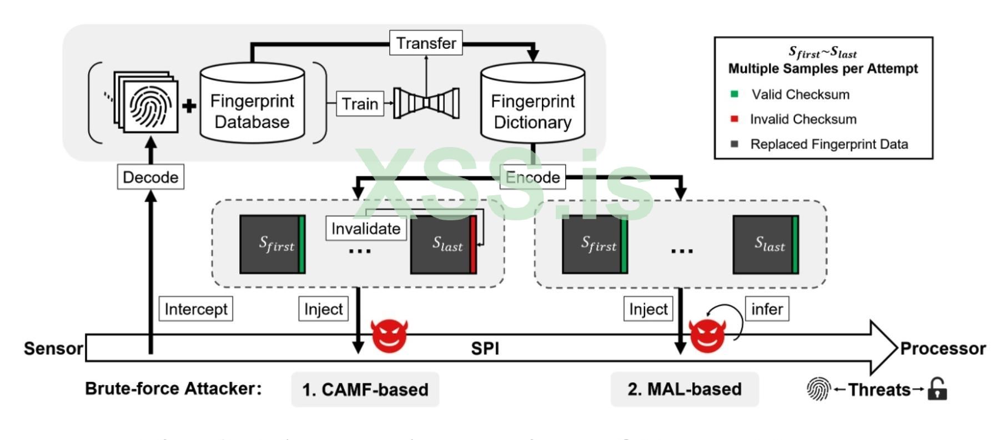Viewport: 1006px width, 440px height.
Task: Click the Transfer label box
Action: pos(426,43)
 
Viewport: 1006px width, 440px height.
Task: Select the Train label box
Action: pos(360,104)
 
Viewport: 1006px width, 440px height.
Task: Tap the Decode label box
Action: pos(150,177)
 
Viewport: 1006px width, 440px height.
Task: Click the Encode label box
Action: pos(532,177)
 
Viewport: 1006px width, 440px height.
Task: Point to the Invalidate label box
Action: pos(365,229)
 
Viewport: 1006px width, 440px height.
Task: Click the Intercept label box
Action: pos(195,309)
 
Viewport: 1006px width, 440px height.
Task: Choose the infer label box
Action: pos(767,309)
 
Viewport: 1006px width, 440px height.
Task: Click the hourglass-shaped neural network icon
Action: pos(426,103)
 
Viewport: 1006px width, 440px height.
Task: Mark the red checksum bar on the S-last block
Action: pos(473,245)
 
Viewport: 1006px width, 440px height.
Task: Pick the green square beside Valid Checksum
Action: pos(734,94)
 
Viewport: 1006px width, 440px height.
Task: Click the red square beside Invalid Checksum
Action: pos(734,119)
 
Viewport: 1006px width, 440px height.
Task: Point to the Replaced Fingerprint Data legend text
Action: pos(829,144)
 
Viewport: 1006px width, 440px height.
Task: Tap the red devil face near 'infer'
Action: pos(707,335)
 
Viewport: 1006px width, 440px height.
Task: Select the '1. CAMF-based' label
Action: pos(365,389)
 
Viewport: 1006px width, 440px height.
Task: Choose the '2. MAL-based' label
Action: pos(684,389)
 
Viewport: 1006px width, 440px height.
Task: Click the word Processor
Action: pos(942,348)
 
